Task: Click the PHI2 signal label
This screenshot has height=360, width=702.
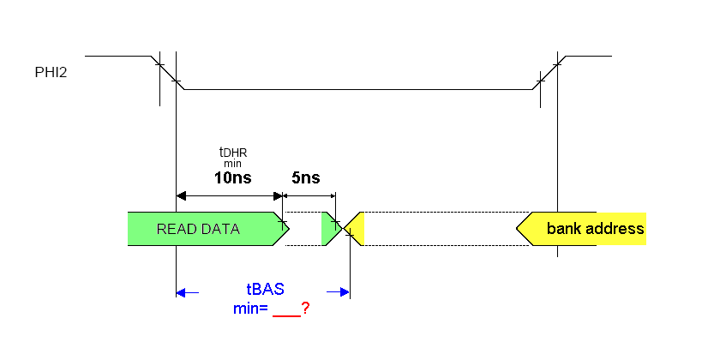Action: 51,73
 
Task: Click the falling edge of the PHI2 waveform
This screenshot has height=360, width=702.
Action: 168,72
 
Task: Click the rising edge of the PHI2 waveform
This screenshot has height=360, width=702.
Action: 548,72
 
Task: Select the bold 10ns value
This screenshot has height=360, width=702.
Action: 233,178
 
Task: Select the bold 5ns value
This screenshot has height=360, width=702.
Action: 306,178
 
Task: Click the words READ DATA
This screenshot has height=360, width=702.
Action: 198,229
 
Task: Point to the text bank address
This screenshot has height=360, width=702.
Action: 595,229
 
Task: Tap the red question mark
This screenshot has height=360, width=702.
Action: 305,308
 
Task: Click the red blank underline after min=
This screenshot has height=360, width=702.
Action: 285,314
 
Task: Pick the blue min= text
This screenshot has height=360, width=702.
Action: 251,308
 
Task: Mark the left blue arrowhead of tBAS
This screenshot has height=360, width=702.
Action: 181,292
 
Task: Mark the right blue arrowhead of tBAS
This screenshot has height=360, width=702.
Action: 345,292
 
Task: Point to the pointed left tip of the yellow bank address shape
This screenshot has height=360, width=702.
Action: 518,229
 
